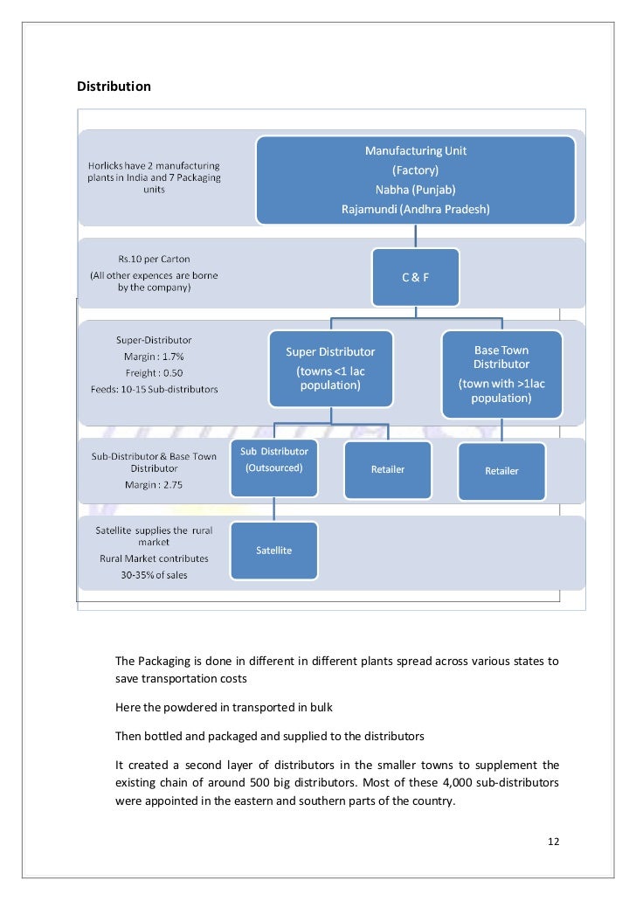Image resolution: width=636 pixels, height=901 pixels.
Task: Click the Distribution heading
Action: tap(114, 87)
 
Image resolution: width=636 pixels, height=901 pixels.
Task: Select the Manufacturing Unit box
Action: tap(415, 179)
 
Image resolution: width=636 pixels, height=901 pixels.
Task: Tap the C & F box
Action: tap(415, 277)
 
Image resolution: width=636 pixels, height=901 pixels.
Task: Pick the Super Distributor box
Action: tap(330, 368)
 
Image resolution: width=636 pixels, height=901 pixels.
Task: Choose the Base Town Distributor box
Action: tap(501, 373)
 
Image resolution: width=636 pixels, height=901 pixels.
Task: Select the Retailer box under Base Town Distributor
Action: tap(501, 471)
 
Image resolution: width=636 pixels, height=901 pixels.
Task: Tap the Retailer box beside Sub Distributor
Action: tap(388, 469)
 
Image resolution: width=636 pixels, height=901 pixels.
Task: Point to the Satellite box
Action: tap(273, 551)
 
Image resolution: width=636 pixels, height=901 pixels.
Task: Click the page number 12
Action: tap(553, 842)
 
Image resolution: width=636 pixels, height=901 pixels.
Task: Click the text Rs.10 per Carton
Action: tap(154, 260)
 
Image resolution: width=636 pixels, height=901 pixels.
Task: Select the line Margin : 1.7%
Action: tap(154, 357)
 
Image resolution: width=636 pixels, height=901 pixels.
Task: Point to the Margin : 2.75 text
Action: tap(154, 484)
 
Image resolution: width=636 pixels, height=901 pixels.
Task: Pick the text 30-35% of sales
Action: tap(154, 575)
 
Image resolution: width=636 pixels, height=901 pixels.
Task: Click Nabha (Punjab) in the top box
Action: tap(415, 190)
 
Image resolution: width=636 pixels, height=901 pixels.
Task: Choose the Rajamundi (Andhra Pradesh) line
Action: tap(415, 209)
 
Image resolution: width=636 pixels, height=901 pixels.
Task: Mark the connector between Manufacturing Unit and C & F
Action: tap(416, 236)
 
